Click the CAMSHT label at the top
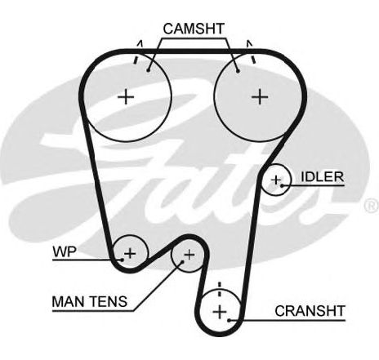pyautogui.click(x=194, y=29)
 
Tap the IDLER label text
pyautogui.click(x=323, y=177)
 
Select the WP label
pyautogui.click(x=65, y=251)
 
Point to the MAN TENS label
pyautogui.click(x=90, y=301)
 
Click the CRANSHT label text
pyautogui.click(x=310, y=311)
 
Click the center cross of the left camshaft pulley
pyautogui.click(x=126, y=96)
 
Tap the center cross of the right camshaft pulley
pyautogui.click(x=260, y=96)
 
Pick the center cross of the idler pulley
pyautogui.click(x=276, y=180)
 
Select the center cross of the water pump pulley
pyautogui.click(x=130, y=253)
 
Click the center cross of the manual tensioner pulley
pyautogui.click(x=189, y=255)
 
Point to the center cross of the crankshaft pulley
pyautogui.click(x=220, y=312)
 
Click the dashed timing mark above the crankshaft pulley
pyautogui.click(x=220, y=290)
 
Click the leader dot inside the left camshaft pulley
pyautogui.click(x=149, y=70)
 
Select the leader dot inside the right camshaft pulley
pyautogui.click(x=238, y=71)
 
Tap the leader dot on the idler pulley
pyautogui.click(x=283, y=185)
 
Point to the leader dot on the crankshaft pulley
pyautogui.click(x=230, y=320)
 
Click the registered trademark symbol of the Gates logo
pyautogui.click(x=372, y=206)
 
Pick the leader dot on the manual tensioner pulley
pyautogui.click(x=182, y=262)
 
